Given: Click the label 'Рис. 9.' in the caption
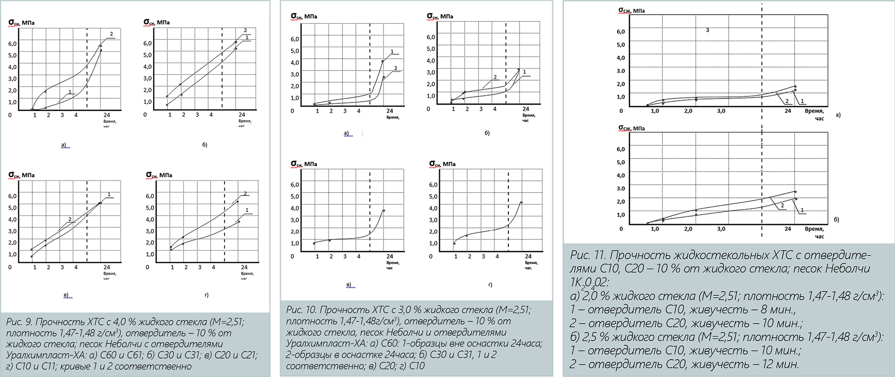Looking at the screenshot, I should (x=19, y=322).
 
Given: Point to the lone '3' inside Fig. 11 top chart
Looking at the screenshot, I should (x=707, y=30).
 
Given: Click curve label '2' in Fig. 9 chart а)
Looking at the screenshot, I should (x=111, y=34).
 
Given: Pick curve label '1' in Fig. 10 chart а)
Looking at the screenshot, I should (x=392, y=52).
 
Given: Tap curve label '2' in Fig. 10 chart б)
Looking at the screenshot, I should (x=495, y=77).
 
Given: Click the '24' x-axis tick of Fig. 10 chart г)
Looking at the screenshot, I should (x=528, y=256).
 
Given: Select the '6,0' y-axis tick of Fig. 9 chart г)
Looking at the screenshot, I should (x=150, y=196).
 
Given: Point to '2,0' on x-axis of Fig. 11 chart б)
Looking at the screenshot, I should (x=688, y=229).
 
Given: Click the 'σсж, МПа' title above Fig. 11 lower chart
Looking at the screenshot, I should (x=631, y=128).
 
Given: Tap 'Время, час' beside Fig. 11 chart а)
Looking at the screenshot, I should (x=814, y=114).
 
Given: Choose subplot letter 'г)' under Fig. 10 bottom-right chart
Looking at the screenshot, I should (x=490, y=285).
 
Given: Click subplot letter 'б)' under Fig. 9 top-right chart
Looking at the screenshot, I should (x=205, y=145).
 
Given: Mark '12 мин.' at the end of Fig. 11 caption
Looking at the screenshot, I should (x=780, y=364).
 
